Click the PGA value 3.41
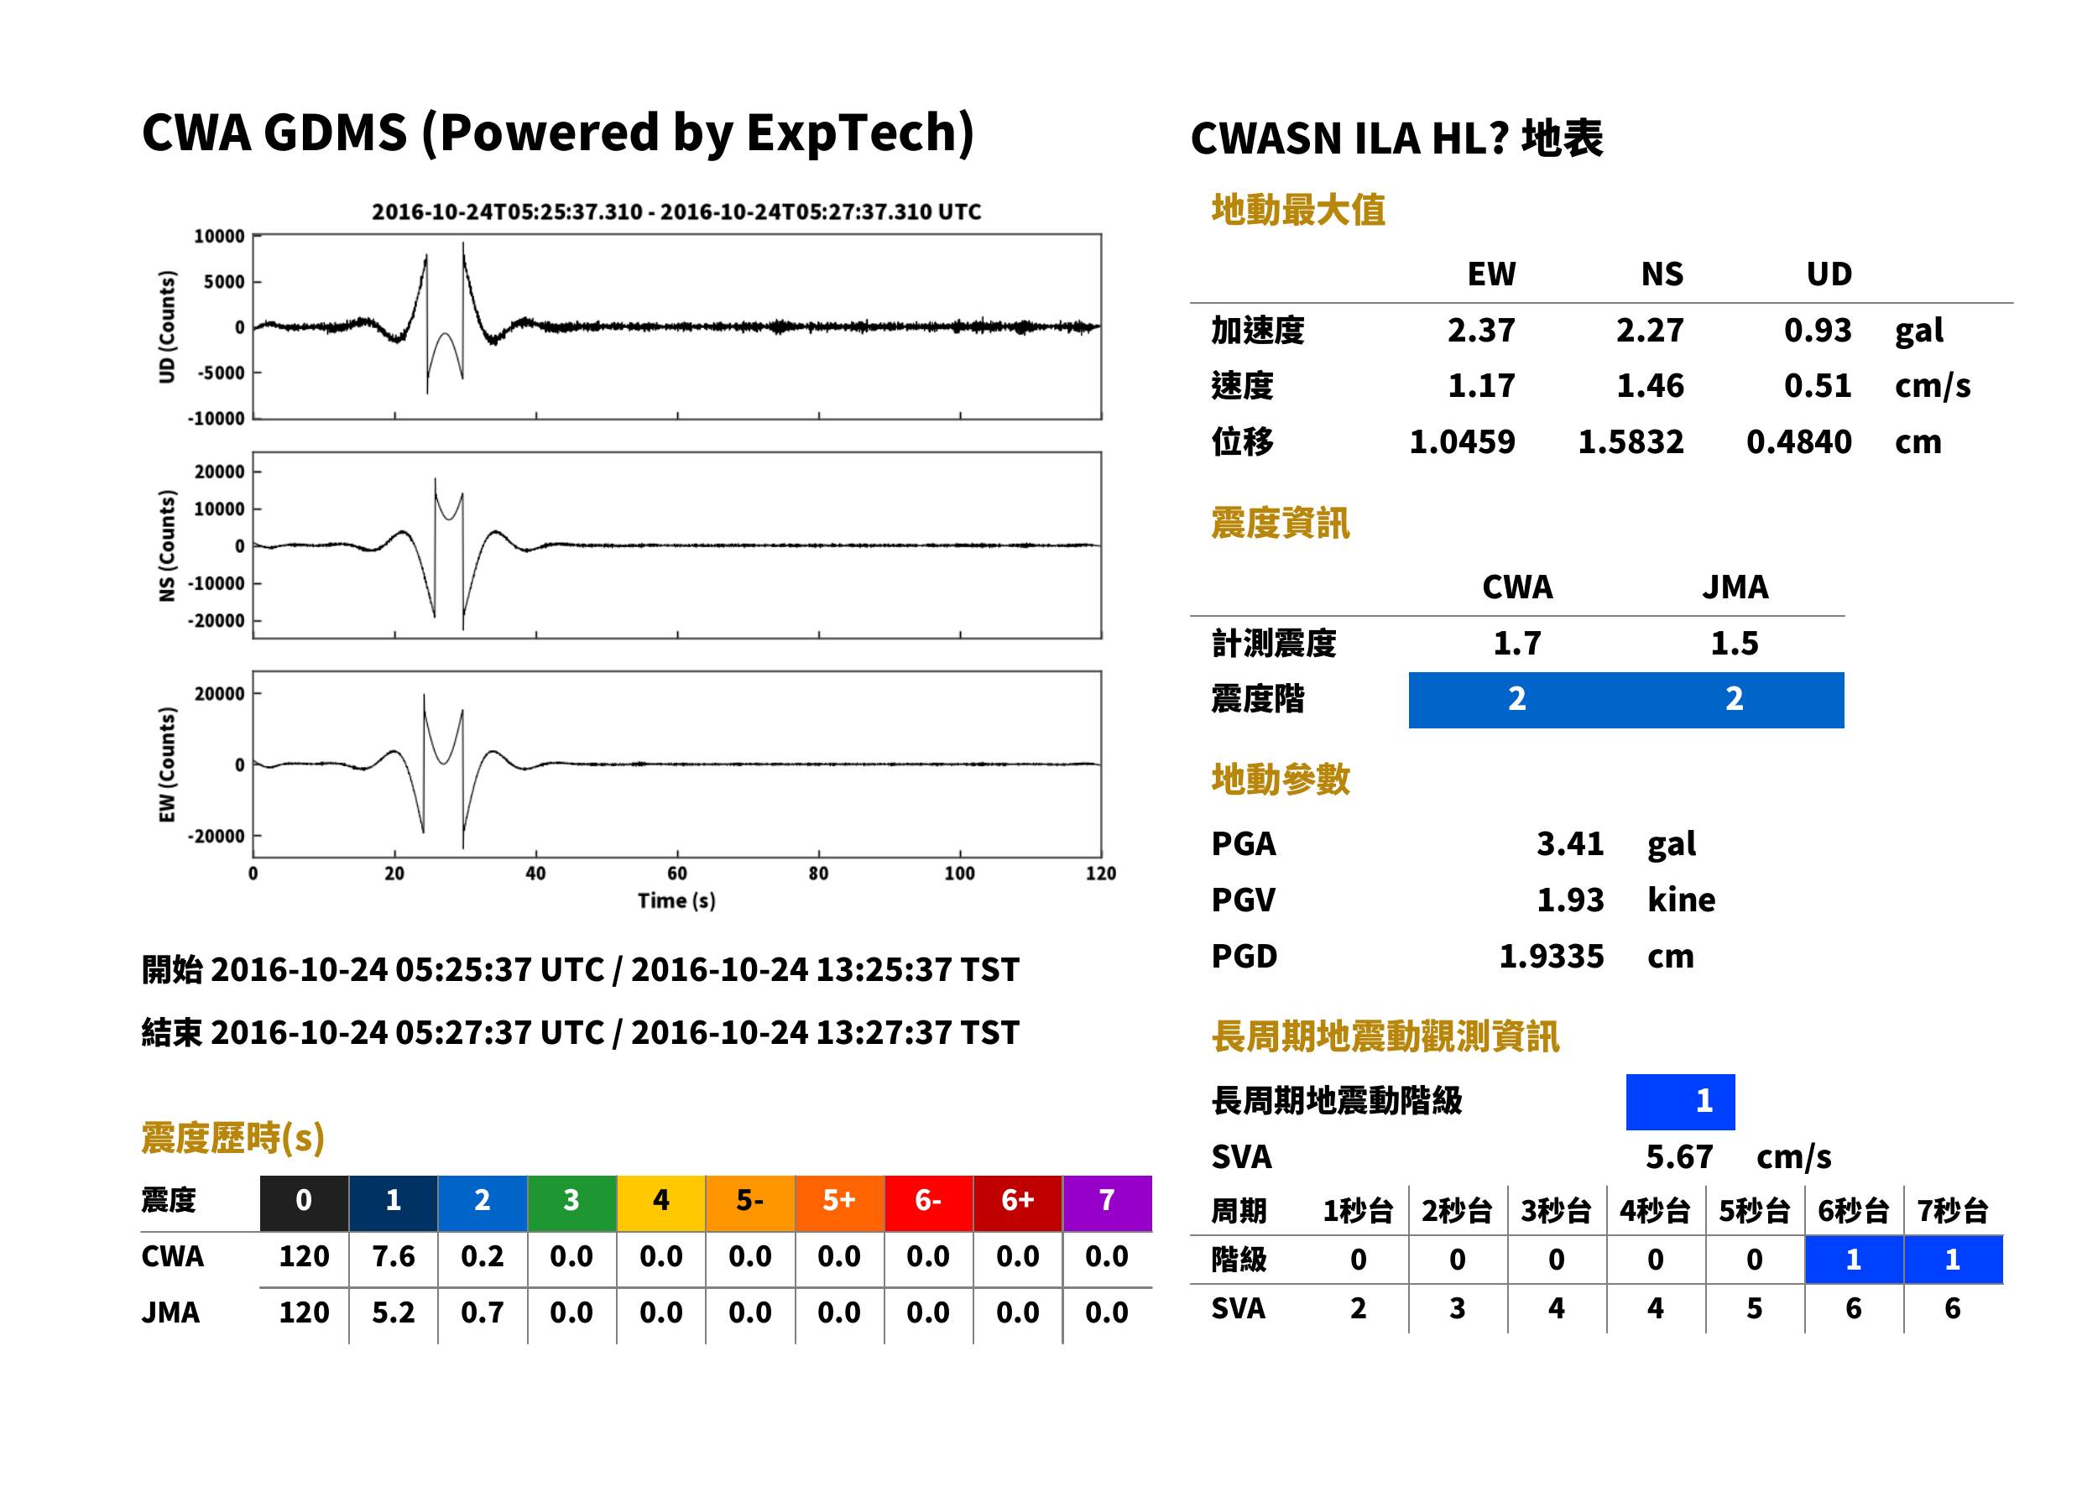tap(1569, 843)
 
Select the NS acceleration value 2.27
tap(1649, 330)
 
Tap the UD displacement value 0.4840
tap(1798, 441)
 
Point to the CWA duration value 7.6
tap(393, 1256)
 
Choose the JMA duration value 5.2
tap(393, 1312)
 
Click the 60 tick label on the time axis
tap(676, 874)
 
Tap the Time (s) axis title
tap(676, 901)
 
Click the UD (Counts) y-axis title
tap(167, 327)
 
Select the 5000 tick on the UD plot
tap(223, 282)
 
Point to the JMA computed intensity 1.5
tap(1734, 643)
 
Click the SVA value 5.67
tap(1679, 1156)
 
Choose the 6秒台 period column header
tap(1853, 1210)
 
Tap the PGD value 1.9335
tap(1551, 956)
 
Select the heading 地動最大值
tap(1298, 210)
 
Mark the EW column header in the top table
tap(1491, 274)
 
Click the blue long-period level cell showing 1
tap(1680, 1102)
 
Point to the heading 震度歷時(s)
tap(232, 1138)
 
